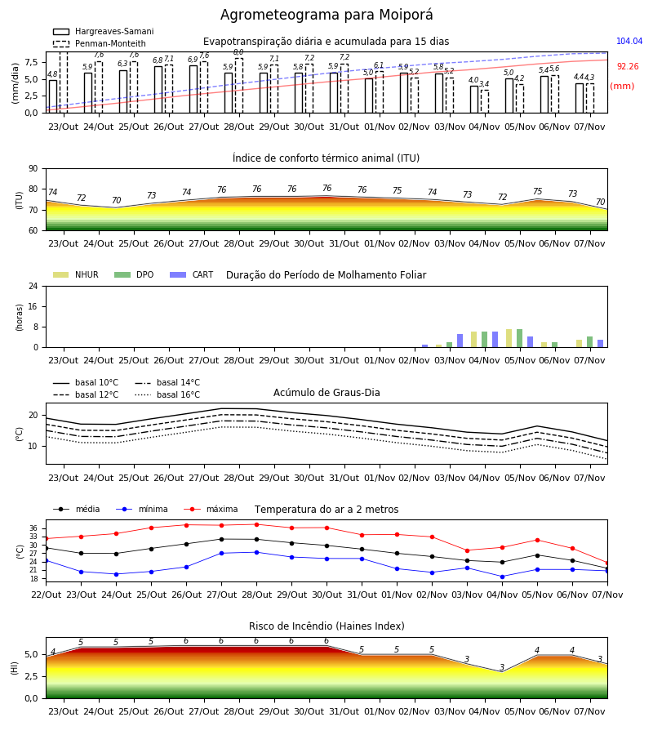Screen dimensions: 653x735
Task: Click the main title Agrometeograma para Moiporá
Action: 326,15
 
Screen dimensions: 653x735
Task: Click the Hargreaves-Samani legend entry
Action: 103,31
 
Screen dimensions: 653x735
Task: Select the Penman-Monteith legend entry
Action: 100,43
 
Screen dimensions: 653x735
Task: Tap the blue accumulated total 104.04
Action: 629,42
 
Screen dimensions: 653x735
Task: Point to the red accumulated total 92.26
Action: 628,67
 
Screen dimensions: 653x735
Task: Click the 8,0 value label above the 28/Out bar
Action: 238,52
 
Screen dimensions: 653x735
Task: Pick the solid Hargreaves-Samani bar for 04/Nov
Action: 474,100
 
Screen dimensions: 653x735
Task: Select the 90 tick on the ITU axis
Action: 33,169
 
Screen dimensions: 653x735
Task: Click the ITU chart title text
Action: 326,158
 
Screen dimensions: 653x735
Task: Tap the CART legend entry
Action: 192,274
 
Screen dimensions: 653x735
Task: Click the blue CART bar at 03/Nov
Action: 460,341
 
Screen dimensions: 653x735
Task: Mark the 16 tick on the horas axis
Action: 33,306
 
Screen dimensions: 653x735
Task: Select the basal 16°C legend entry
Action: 167,394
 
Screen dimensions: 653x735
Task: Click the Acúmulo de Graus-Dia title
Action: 326,393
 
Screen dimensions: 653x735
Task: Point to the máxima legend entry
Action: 211,509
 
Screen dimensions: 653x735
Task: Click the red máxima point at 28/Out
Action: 256,524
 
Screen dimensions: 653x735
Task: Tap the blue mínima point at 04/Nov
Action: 502,577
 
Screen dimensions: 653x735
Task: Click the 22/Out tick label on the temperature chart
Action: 46,595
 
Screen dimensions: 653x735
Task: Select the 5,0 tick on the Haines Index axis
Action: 31,655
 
